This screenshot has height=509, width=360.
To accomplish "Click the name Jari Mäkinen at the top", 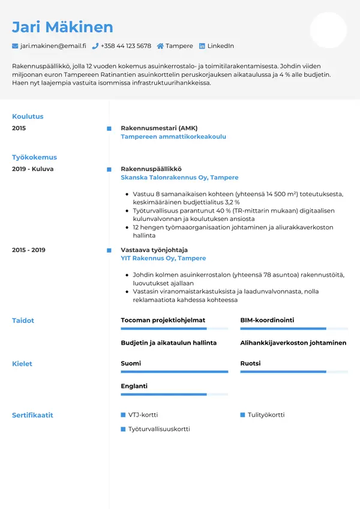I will click(x=62, y=27).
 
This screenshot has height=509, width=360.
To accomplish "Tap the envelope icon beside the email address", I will click(x=15, y=46).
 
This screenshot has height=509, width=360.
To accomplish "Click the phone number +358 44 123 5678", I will click(x=126, y=46).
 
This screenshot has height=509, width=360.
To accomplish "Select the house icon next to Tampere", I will click(x=160, y=46).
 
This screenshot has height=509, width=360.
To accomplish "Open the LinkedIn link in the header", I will click(x=220, y=46).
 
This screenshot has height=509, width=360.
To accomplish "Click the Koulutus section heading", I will click(x=28, y=116).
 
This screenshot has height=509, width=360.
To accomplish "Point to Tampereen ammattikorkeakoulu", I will click(x=173, y=137).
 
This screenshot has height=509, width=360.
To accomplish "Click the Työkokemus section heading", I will click(x=34, y=157).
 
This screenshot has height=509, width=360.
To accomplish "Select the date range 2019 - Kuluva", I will click(x=32, y=169).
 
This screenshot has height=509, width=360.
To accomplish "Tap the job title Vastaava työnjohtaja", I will click(x=154, y=250).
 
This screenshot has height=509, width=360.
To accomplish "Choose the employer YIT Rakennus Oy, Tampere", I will click(x=163, y=258).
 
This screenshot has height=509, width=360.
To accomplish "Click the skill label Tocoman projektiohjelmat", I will click(x=163, y=321).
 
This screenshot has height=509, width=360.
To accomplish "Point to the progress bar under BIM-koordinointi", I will click(x=294, y=329).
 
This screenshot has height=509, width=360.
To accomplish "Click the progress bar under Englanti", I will click(x=174, y=394).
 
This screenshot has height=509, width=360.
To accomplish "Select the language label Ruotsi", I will click(x=250, y=364).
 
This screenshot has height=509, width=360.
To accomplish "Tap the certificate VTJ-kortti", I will click(x=143, y=415).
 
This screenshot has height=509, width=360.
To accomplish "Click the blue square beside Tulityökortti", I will click(x=243, y=415).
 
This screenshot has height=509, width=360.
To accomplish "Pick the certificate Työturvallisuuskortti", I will click(x=159, y=429).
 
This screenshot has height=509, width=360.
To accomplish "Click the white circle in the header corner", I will click(x=328, y=30).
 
